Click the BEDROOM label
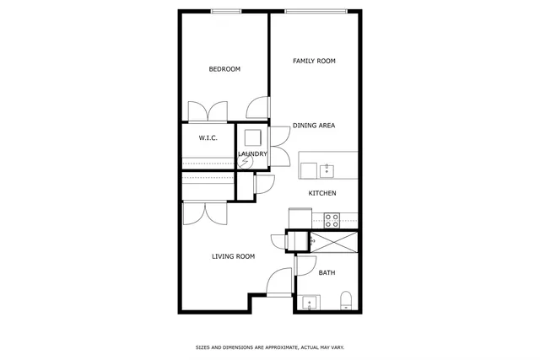(224, 69)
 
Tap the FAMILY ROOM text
(315, 61)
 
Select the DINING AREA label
(314, 126)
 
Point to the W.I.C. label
(208, 137)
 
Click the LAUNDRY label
(253, 154)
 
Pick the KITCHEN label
(322, 194)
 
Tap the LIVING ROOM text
(233, 256)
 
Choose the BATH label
(327, 272)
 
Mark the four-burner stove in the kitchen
(332, 220)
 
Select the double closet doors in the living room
(204, 212)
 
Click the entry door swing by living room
(279, 282)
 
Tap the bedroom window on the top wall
(227, 11)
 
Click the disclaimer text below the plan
(270, 347)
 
